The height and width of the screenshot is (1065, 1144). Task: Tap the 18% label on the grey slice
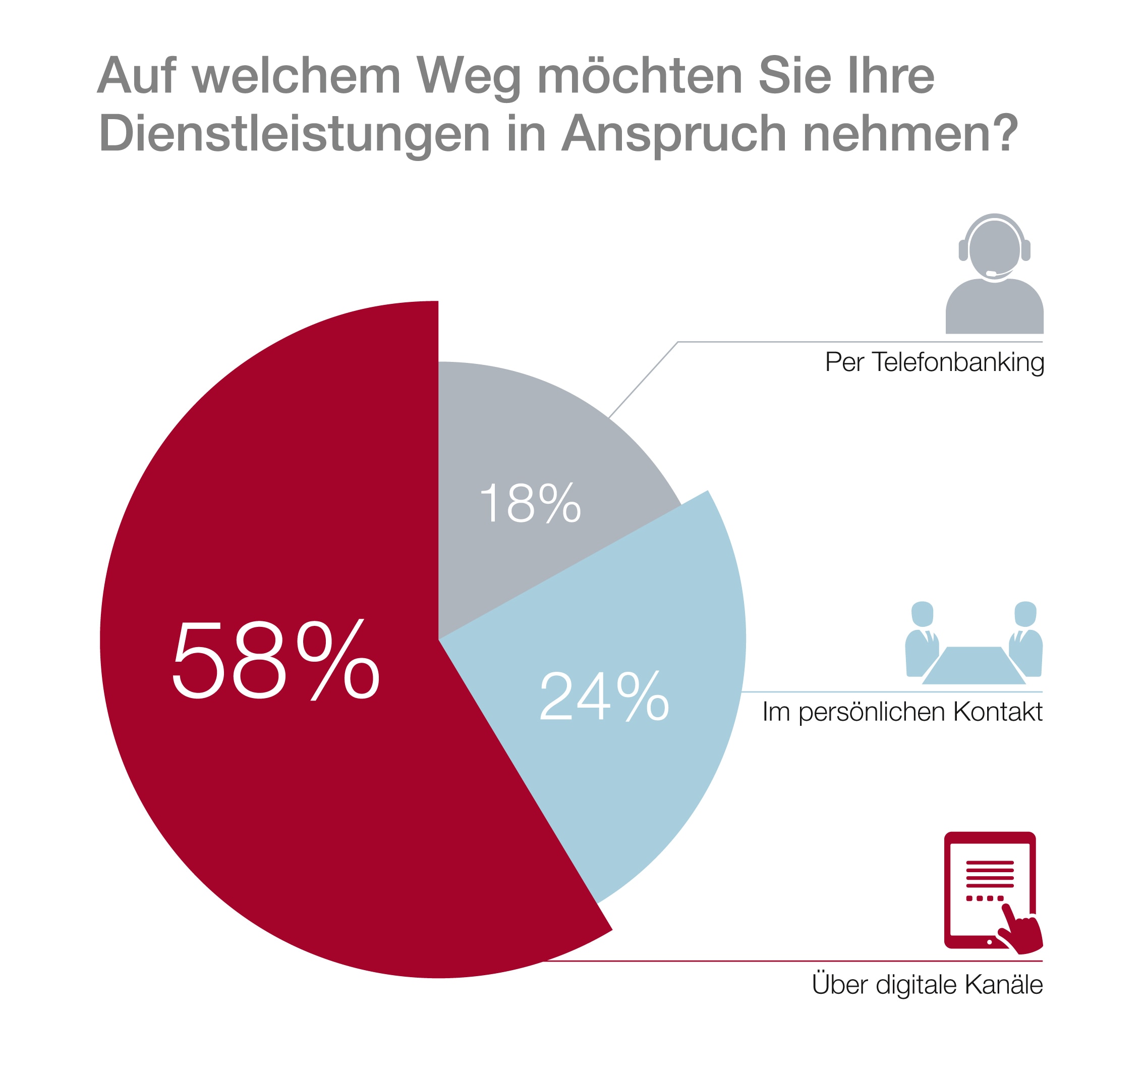tap(530, 503)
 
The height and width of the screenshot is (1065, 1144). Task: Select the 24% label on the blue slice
tap(604, 696)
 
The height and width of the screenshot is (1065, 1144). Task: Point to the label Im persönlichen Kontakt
tap(902, 712)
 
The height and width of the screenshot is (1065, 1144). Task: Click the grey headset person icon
tap(994, 274)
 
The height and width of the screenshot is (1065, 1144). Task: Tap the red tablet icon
tap(989, 889)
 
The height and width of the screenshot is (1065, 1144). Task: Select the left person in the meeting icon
tap(922, 639)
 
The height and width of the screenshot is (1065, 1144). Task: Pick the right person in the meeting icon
tap(1025, 639)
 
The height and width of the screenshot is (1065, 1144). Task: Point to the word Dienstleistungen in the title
tap(294, 134)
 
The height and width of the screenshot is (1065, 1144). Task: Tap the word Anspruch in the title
tap(673, 134)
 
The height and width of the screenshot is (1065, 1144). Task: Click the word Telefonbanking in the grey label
tap(957, 362)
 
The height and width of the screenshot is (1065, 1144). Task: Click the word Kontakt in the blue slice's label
tap(998, 712)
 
